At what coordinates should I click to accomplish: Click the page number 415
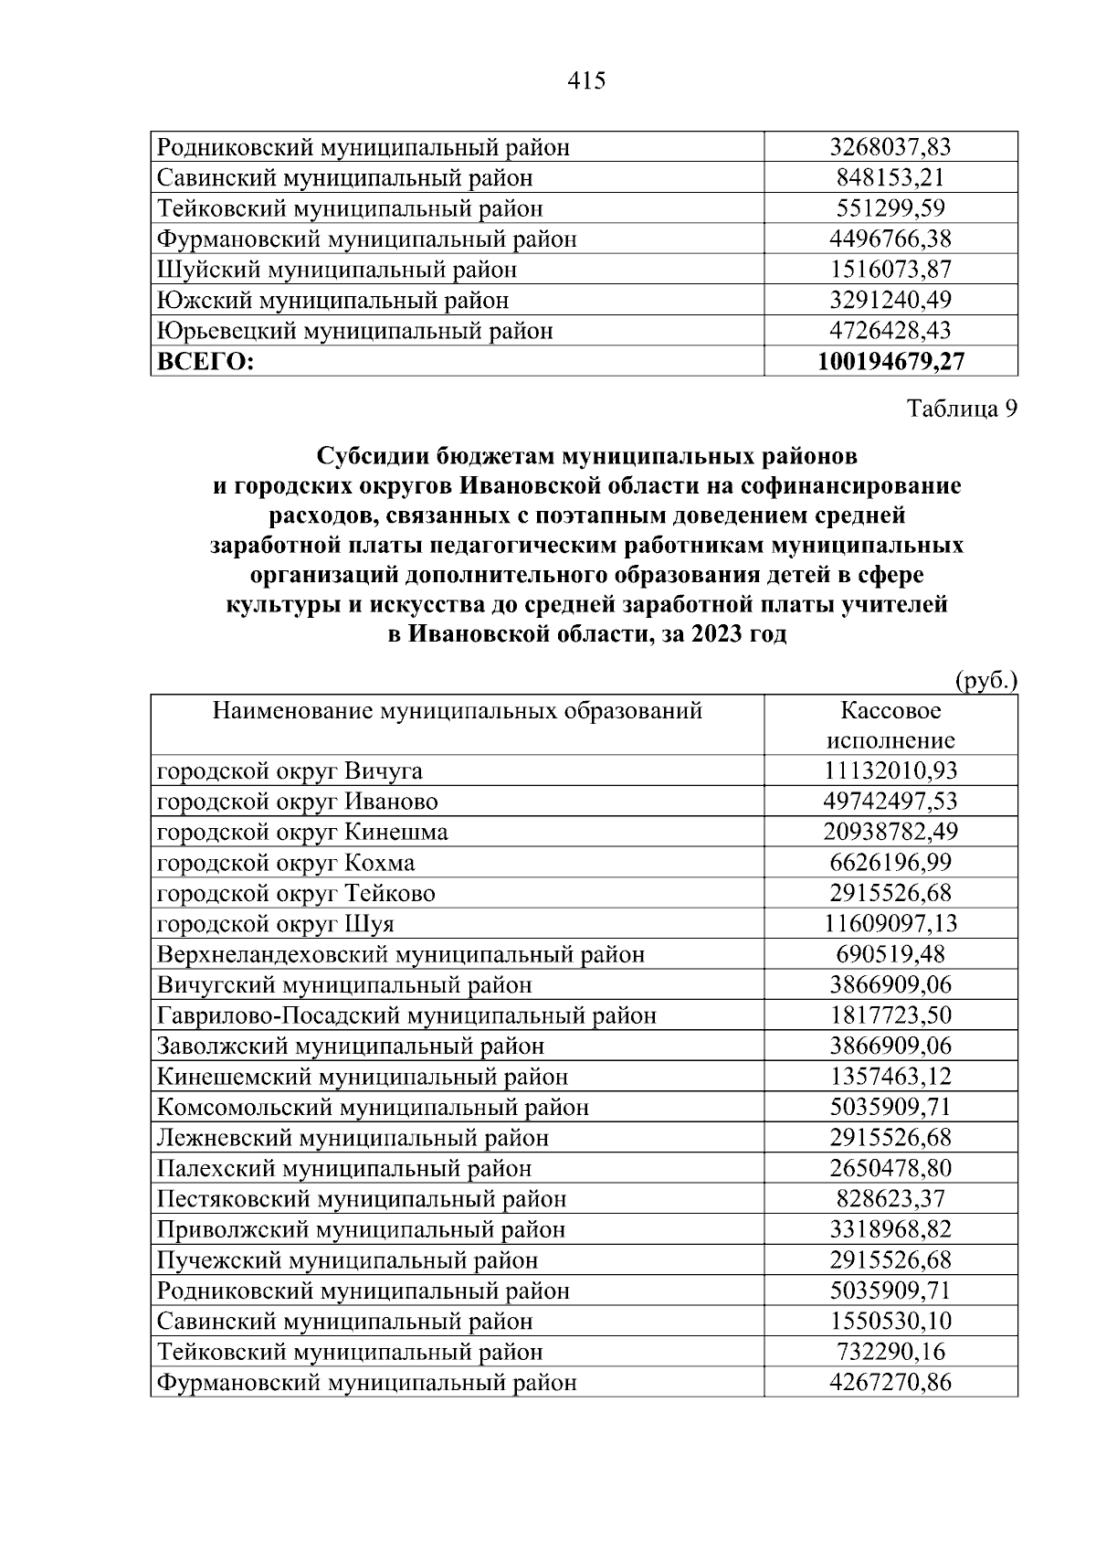[x=586, y=81]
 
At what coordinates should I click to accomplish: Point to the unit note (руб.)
[x=985, y=681]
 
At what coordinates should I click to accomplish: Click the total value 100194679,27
[x=890, y=361]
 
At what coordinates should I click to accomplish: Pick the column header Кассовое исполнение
[x=890, y=726]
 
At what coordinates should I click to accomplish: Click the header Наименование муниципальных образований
[x=458, y=710]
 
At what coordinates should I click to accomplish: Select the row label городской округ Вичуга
[x=290, y=771]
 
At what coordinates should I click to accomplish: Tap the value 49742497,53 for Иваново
[x=890, y=802]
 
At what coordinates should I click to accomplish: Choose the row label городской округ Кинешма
[x=302, y=833]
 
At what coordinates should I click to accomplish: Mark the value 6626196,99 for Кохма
[x=890, y=863]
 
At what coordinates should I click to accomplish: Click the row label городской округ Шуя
[x=276, y=924]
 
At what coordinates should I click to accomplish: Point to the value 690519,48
[x=890, y=954]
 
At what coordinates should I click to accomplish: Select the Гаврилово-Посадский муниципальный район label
[x=406, y=1015]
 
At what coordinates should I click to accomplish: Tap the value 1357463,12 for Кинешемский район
[x=890, y=1077]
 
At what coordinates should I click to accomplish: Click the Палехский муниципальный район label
[x=344, y=1168]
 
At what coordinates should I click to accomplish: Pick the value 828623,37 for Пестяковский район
[x=890, y=1198]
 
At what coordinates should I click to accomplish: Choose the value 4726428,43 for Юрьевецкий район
[x=890, y=330]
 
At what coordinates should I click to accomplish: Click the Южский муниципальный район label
[x=332, y=300]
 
